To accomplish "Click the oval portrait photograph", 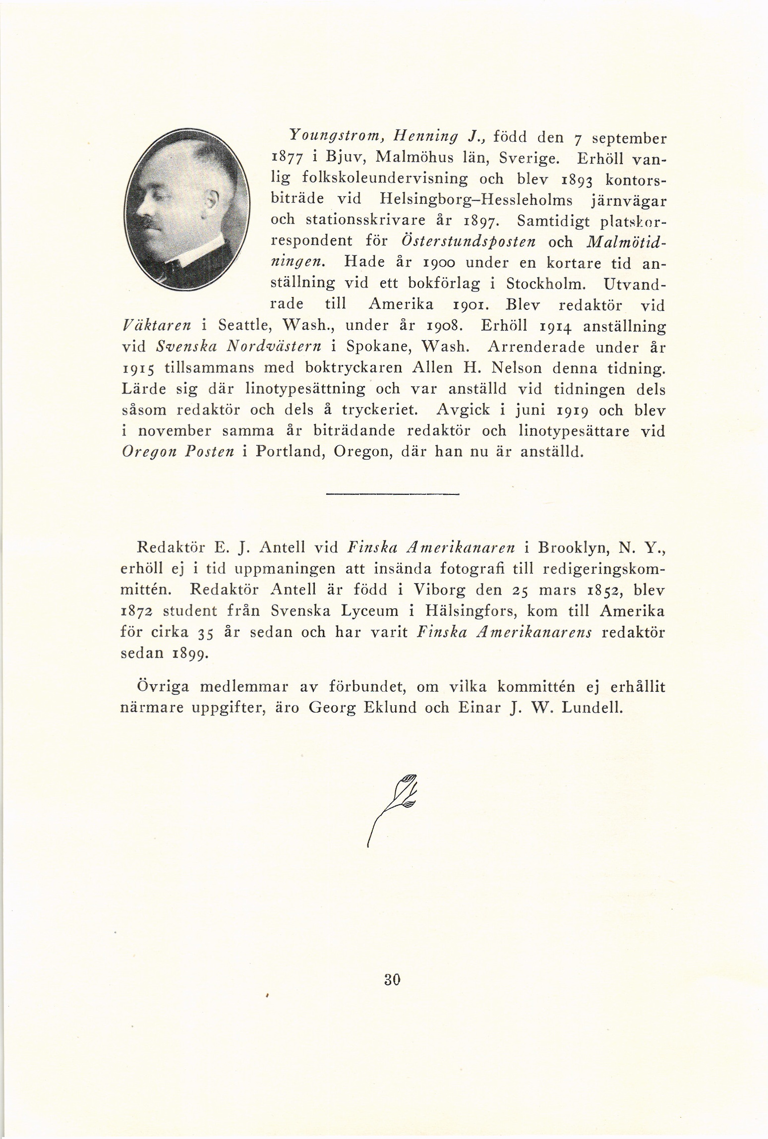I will click(186, 210).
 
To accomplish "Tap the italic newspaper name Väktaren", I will click(156, 326).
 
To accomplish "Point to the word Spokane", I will click(373, 347).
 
